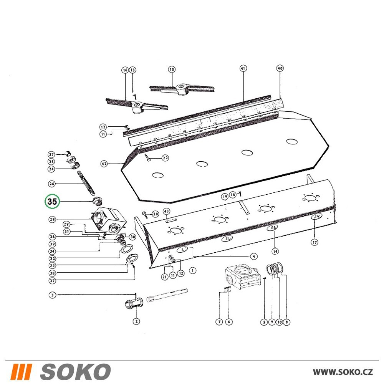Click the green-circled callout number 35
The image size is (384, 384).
tap(52, 202)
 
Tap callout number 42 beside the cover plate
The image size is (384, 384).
tap(104, 164)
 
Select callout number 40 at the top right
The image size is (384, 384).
tap(280, 68)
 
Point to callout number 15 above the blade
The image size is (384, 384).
tap(172, 70)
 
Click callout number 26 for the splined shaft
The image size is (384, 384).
tap(52, 184)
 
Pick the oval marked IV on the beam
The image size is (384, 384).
tap(317, 217)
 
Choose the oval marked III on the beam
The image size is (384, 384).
tap(272, 228)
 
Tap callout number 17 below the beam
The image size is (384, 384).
tap(314, 242)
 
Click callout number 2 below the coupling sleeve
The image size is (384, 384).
tap(136, 321)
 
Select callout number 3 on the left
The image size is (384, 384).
tap(52, 295)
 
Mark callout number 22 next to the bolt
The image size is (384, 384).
tap(165, 158)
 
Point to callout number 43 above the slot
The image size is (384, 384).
tap(166, 211)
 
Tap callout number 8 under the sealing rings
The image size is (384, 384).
tap(287, 322)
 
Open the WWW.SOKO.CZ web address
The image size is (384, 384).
tap(343, 372)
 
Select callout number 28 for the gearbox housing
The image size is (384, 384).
tap(52, 219)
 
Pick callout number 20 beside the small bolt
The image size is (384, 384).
tap(156, 214)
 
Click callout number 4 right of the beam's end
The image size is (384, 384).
tap(254, 256)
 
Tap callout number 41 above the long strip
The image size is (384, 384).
tap(243, 68)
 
